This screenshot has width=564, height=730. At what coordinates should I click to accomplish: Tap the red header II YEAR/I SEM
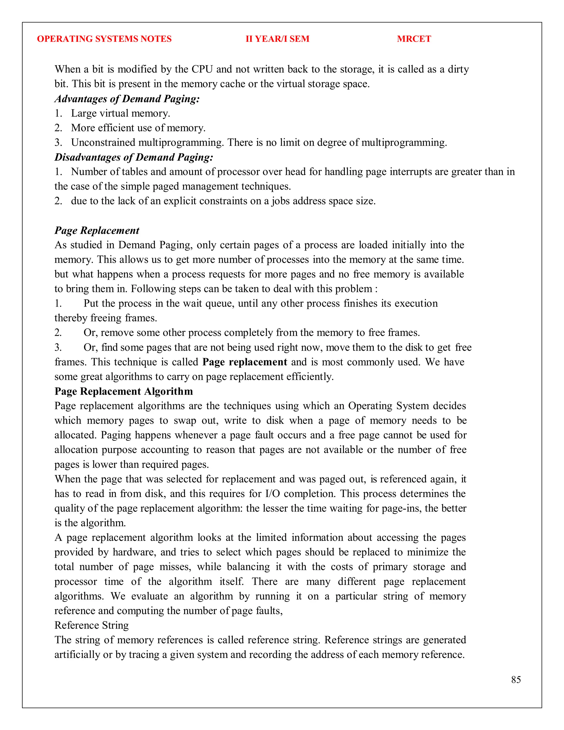tap(277, 39)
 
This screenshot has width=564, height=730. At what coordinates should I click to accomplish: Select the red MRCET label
tap(414, 39)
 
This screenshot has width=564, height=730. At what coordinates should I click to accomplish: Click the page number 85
tap(516, 680)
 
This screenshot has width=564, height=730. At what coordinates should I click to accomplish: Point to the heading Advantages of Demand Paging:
tap(127, 99)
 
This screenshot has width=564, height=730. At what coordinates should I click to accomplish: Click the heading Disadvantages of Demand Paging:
tap(134, 157)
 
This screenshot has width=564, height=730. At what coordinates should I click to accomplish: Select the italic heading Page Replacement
tap(97, 230)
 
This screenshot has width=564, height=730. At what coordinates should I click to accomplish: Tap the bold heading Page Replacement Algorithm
tap(124, 391)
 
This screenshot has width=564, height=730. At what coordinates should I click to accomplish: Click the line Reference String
tap(91, 625)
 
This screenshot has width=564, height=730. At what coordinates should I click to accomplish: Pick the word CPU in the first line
tap(202, 69)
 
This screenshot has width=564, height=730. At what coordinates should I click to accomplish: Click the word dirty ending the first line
tap(458, 69)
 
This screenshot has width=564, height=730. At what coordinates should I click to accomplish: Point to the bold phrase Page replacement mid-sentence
tap(245, 362)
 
